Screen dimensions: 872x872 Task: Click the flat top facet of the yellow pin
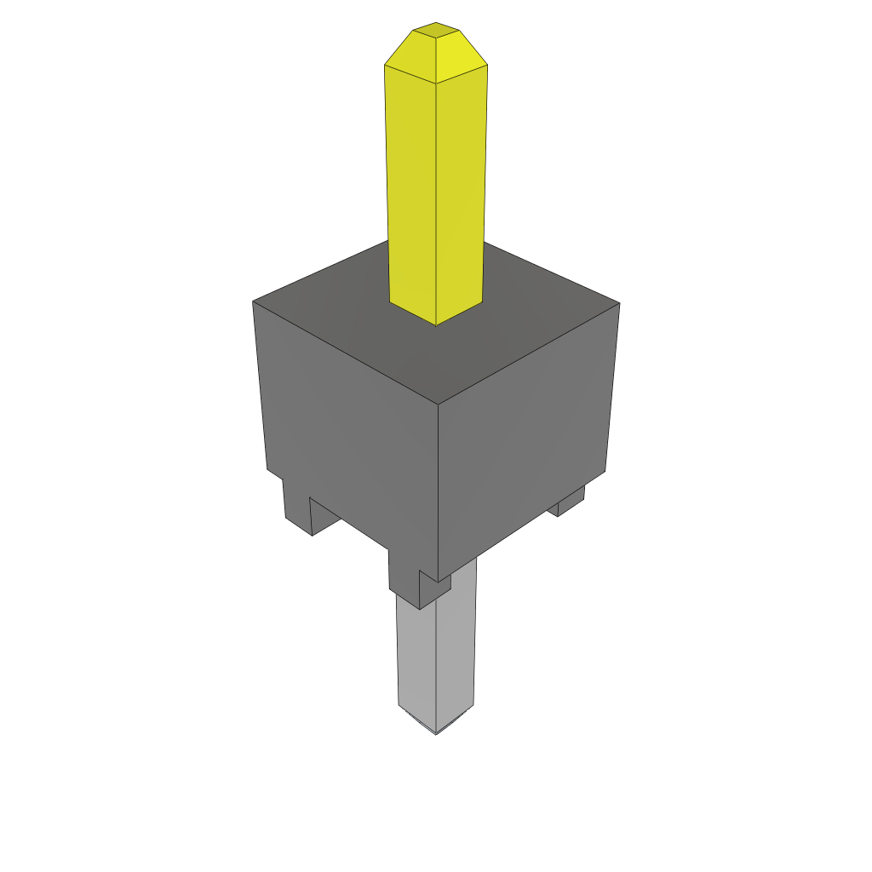(435, 31)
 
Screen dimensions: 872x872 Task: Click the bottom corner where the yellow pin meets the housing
(436, 324)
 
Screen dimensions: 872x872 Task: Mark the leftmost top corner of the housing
(254, 301)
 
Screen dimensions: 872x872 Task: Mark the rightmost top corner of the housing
(619, 303)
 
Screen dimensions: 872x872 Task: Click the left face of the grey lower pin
(416, 656)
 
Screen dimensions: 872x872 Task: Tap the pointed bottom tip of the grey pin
(435, 732)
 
